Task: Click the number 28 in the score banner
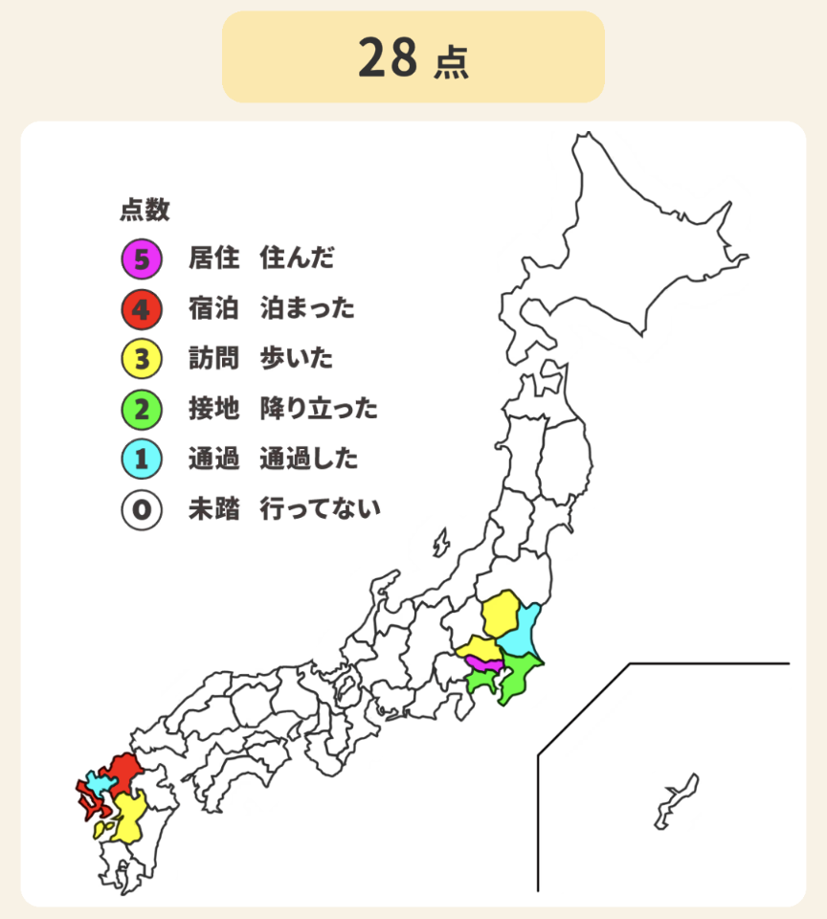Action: pyautogui.click(x=388, y=58)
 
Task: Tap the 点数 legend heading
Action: pyautogui.click(x=145, y=209)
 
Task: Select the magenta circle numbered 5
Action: pyautogui.click(x=140, y=258)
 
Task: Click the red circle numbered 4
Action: pyautogui.click(x=140, y=308)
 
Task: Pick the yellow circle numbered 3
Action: pyautogui.click(x=140, y=359)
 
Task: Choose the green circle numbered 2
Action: pyautogui.click(x=140, y=410)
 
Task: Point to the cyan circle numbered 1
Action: pyautogui.click(x=140, y=459)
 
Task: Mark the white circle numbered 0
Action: pyautogui.click(x=140, y=509)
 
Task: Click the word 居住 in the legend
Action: pyautogui.click(x=213, y=258)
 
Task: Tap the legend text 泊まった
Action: pyautogui.click(x=307, y=308)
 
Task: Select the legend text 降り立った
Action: pyautogui.click(x=319, y=410)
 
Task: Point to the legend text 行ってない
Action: pyautogui.click(x=320, y=509)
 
